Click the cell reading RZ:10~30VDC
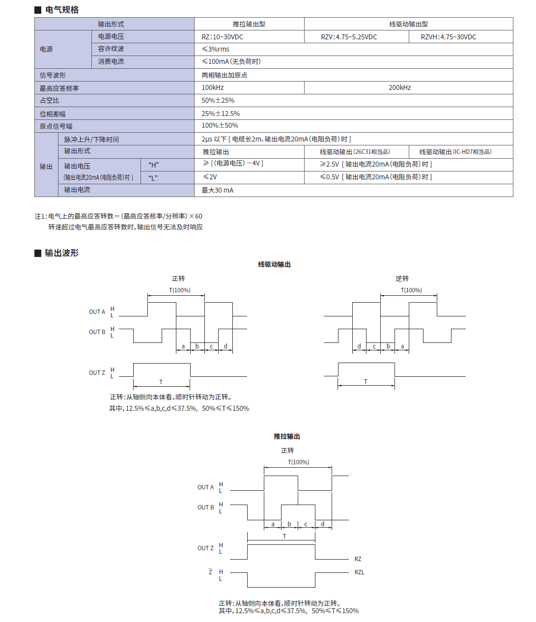coord(223,37)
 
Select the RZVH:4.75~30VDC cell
coord(448,37)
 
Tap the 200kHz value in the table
coord(399,87)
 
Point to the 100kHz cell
coord(213,87)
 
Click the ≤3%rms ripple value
coord(216,49)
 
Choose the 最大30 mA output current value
coord(218,190)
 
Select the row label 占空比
coord(50,100)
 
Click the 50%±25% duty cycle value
coord(218,100)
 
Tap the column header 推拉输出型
coord(249,24)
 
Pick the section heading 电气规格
coord(62,10)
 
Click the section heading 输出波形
coord(61,253)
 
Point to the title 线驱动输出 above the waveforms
coord(275,264)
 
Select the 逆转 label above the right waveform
coord(402,279)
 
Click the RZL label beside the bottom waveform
coord(360,572)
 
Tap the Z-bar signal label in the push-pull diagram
coord(211,572)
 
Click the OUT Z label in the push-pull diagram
coord(205,548)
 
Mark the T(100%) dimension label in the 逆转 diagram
coord(411,290)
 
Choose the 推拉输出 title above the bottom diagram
coord(287,436)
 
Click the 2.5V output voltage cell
coord(376,164)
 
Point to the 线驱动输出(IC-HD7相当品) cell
coord(455,152)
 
